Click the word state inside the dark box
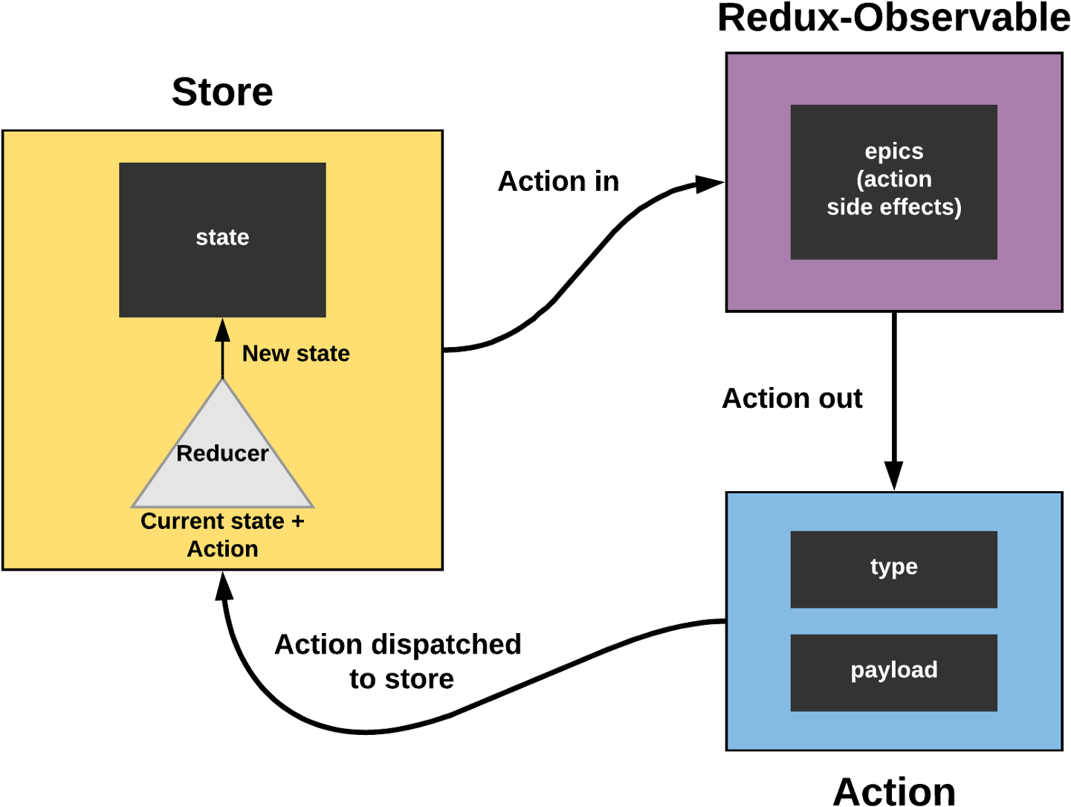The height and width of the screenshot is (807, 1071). pyautogui.click(x=222, y=238)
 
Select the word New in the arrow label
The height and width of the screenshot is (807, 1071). pyautogui.click(x=265, y=354)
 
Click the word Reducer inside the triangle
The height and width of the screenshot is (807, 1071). pyautogui.click(x=222, y=453)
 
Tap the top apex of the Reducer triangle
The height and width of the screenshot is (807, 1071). pyautogui.click(x=222, y=380)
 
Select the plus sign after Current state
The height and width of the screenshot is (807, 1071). pyautogui.click(x=298, y=522)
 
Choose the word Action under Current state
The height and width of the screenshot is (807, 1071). pyautogui.click(x=222, y=549)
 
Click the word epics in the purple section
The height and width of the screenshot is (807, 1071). pyautogui.click(x=894, y=152)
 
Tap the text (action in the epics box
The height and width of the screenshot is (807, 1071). pyautogui.click(x=894, y=179)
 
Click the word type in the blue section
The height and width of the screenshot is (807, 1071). pyautogui.click(x=894, y=567)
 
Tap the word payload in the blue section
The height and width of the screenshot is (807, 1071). pyautogui.click(x=894, y=670)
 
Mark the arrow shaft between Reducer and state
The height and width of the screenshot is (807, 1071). pyautogui.click(x=222, y=360)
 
